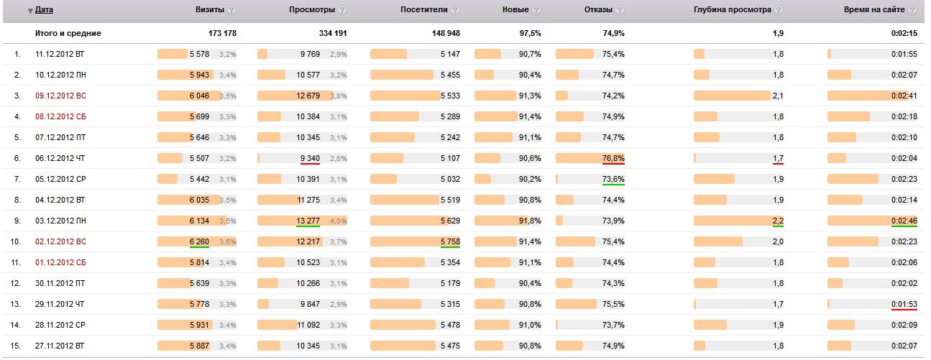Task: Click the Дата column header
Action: (44, 10)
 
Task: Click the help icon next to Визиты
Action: (231, 11)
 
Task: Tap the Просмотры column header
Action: (311, 10)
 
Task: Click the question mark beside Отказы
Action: (620, 11)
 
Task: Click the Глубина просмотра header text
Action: (732, 10)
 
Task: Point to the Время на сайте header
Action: (875, 10)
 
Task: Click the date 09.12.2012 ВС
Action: (60, 96)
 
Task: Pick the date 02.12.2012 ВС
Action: (60, 241)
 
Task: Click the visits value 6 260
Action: (199, 241)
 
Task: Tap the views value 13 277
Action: (308, 221)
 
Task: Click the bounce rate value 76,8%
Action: (613, 158)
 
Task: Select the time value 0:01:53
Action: (904, 304)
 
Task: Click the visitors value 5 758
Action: (450, 241)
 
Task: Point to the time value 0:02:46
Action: (904, 221)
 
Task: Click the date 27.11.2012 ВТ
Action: (60, 346)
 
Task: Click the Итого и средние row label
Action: (68, 33)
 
